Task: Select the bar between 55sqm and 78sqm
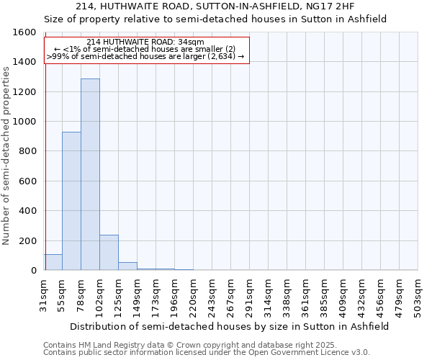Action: click(x=71, y=201)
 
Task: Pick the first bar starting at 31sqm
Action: click(x=53, y=262)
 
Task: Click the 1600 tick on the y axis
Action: click(x=24, y=32)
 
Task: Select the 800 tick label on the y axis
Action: click(x=27, y=151)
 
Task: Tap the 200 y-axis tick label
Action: click(x=27, y=240)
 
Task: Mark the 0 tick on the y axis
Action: click(x=33, y=271)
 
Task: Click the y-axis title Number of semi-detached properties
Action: click(x=6, y=152)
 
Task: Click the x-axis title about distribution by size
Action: click(x=230, y=326)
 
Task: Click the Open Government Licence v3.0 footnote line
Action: click(x=206, y=353)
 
